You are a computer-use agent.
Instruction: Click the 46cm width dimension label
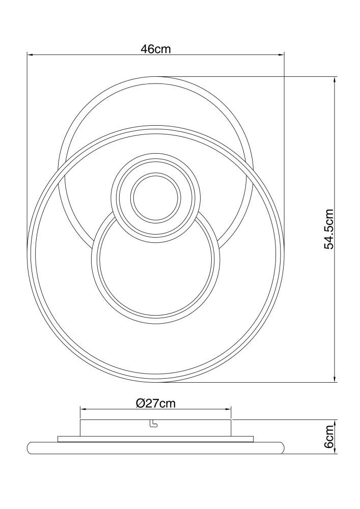(x=155, y=49)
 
